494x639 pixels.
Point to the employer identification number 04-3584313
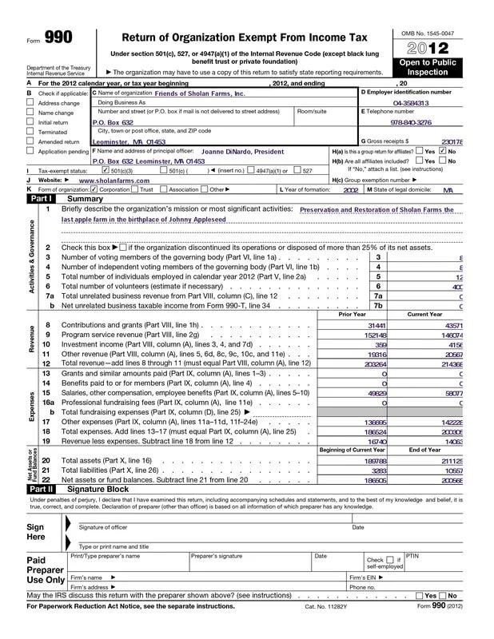tap(411, 102)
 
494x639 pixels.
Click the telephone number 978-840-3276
tap(411, 123)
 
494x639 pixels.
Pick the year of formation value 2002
tap(350, 192)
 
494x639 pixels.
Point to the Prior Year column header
tap(352, 315)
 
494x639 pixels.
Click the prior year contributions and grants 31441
tap(376, 325)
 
